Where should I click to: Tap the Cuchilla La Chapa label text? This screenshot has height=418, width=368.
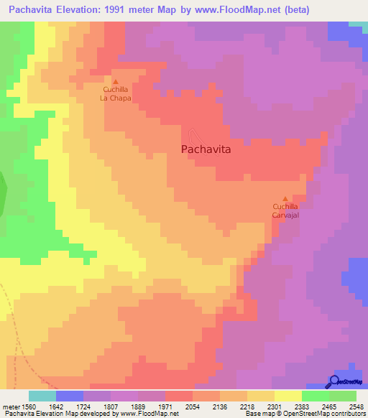pos(115,94)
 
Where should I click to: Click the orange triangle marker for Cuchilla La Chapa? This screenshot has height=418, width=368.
pos(115,82)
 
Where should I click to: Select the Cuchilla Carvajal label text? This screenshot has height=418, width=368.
pos(285,210)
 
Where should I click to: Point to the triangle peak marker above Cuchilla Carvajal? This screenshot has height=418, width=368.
pos(285,199)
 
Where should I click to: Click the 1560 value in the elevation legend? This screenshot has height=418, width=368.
pos(29,406)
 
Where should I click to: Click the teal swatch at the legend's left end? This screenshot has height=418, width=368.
pos(42,396)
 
